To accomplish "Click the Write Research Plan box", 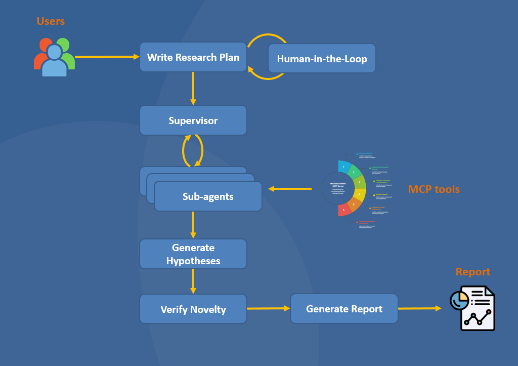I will [x=193, y=57].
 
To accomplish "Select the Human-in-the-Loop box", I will [x=322, y=59].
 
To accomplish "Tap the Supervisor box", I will [x=193, y=120].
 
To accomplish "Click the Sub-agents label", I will [x=208, y=196].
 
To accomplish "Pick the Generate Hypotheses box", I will [x=193, y=254].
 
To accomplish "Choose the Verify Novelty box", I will [x=193, y=309].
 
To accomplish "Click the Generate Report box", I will [x=344, y=309].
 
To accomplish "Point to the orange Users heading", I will [x=51, y=21].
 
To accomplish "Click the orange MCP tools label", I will [x=434, y=189].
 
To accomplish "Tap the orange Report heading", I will [x=472, y=272].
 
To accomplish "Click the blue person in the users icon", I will [x=54, y=61].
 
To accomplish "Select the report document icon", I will [x=473, y=308].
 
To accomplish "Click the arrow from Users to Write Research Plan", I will [x=107, y=57].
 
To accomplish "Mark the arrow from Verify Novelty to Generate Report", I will [x=268, y=308].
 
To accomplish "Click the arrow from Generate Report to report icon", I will [x=420, y=308].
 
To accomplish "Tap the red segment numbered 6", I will [x=344, y=210].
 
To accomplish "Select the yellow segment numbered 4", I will [x=359, y=194].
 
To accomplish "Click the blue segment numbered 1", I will [x=344, y=167].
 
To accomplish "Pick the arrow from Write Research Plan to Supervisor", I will [x=193, y=88].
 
